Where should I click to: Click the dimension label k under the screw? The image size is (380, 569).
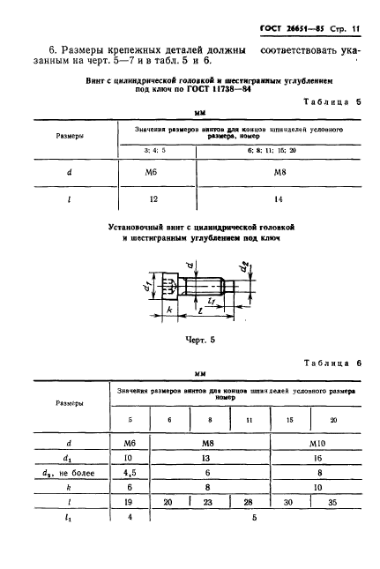pyautogui.click(x=168, y=312)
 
